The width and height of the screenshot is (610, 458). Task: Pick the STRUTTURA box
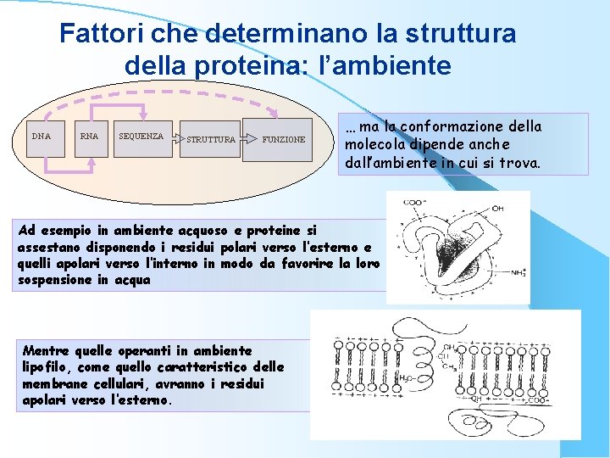click(x=210, y=139)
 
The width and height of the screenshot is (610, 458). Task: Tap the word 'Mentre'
click(x=47, y=349)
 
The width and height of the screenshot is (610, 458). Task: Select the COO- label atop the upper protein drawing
click(x=415, y=202)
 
